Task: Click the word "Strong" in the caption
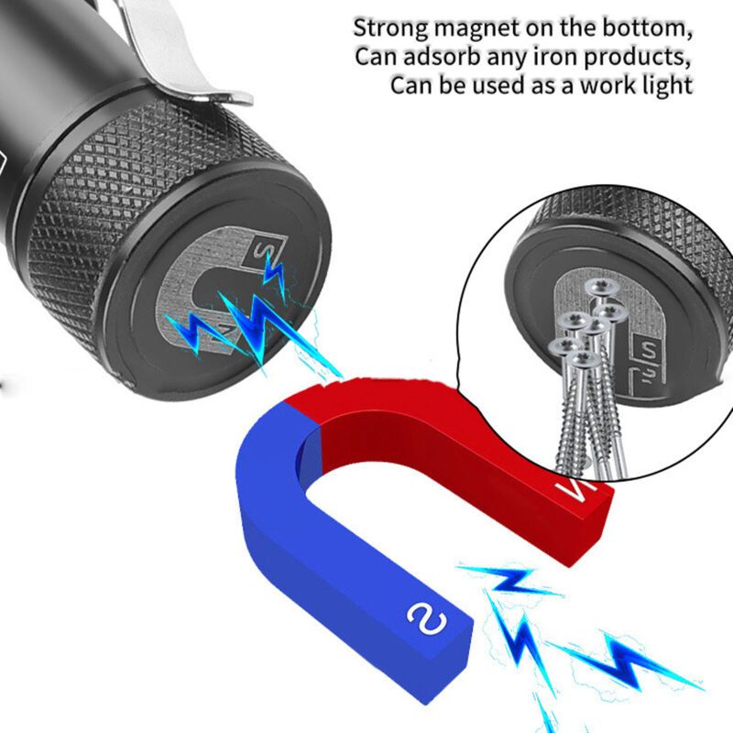click(390, 29)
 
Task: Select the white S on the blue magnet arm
click(426, 619)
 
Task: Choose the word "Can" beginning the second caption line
click(375, 57)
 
